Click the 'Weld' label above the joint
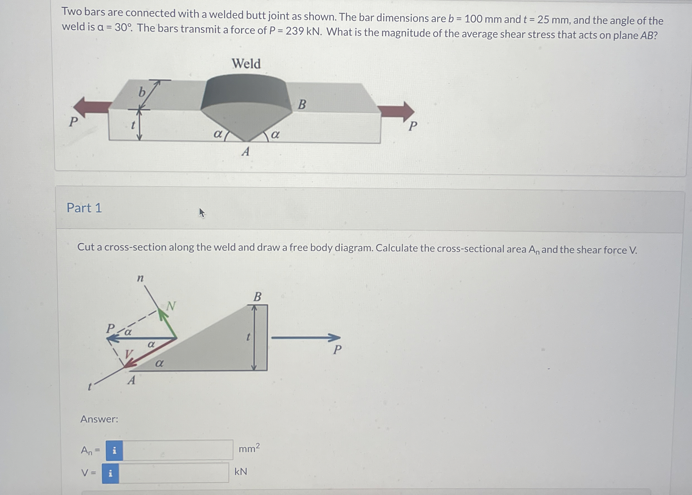(x=246, y=64)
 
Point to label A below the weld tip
(x=246, y=151)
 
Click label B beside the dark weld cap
(x=302, y=105)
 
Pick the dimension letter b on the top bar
(x=142, y=92)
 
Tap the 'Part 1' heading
(x=84, y=208)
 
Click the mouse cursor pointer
(x=202, y=212)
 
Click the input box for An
(x=178, y=450)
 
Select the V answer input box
(x=173, y=473)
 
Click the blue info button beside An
(x=114, y=450)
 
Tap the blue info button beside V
(x=110, y=473)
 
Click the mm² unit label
(x=249, y=449)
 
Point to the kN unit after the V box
(x=241, y=472)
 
